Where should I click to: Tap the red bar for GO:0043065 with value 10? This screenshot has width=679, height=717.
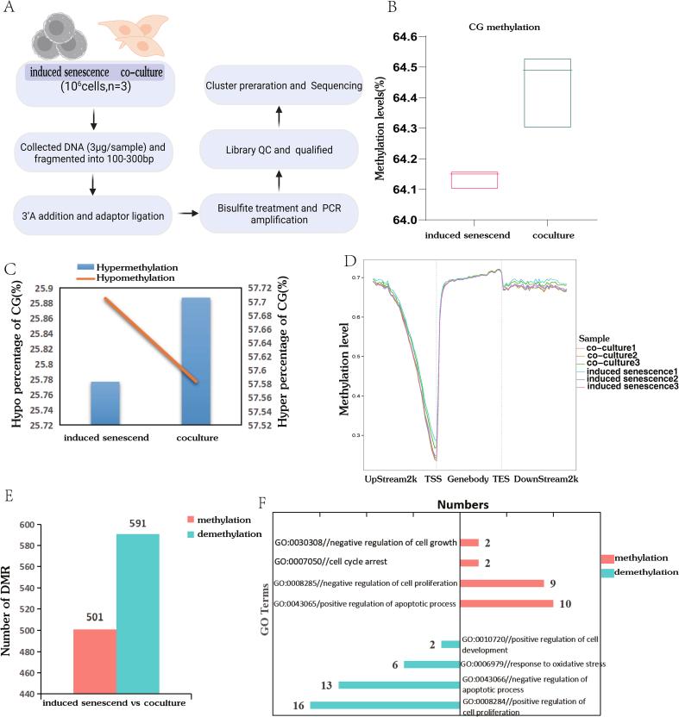[506, 603]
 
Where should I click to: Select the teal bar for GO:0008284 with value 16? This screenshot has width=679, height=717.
[385, 706]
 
